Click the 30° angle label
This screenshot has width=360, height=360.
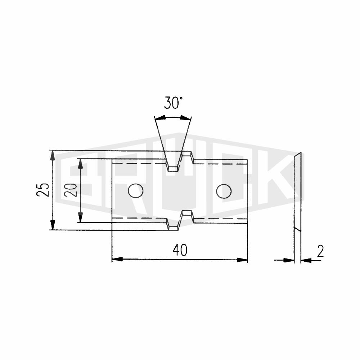click(x=174, y=103)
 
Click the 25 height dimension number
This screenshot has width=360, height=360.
click(x=43, y=189)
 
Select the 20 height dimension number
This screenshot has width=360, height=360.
click(x=71, y=190)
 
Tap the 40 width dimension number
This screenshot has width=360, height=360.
click(x=180, y=250)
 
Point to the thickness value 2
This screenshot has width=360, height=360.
click(x=320, y=251)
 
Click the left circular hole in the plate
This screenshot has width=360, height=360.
click(x=136, y=191)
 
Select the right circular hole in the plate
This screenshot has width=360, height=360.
click(x=224, y=191)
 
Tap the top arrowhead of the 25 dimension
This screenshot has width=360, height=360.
click(x=53, y=156)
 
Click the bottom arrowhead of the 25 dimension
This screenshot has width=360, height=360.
click(x=53, y=225)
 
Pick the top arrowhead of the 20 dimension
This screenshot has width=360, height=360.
click(x=80, y=164)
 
